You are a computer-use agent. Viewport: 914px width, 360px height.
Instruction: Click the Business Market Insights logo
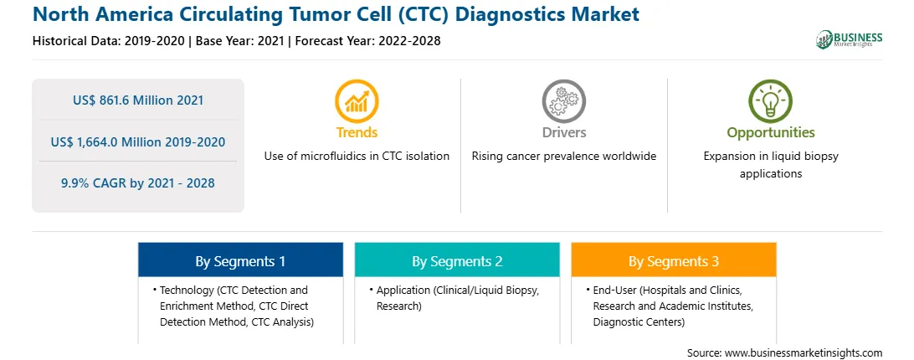850,39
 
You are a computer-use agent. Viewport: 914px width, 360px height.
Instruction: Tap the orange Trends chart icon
357,101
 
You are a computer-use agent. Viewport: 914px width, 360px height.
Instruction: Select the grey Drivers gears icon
563,101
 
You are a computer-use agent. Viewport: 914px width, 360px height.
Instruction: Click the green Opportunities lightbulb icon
771,101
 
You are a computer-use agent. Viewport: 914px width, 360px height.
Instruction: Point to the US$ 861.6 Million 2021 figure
138,100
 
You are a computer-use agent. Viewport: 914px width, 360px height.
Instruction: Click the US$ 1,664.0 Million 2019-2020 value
138,141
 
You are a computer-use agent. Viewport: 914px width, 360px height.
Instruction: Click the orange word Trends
357,132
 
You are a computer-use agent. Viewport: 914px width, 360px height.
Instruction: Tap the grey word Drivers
563,132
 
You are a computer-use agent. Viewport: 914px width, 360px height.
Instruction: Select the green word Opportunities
771,132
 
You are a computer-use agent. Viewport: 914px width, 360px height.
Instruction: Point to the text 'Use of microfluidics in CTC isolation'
357,156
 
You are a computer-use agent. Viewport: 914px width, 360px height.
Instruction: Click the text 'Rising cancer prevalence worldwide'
563,156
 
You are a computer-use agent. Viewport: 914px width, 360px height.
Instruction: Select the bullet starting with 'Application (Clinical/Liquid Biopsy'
457,297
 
